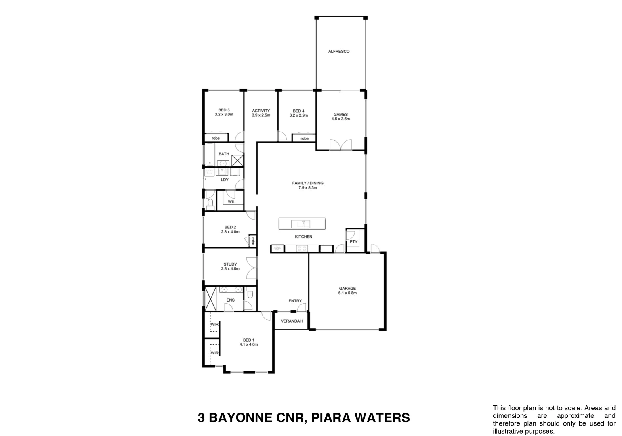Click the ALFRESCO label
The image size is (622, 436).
[x=338, y=52]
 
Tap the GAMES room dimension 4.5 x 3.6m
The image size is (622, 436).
[x=340, y=119]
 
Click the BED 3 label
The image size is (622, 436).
[x=224, y=110]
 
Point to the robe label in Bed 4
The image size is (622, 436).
[x=304, y=138]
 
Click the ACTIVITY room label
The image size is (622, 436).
[x=261, y=111]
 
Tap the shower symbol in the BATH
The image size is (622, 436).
[x=237, y=160]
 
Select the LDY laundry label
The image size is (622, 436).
[x=225, y=180]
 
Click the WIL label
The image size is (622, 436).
[x=231, y=201]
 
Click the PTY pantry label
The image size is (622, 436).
[x=353, y=242]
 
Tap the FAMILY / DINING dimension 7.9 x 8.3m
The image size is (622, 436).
[x=308, y=188]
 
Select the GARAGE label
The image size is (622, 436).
[x=347, y=288]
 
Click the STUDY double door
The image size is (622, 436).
[x=252, y=268]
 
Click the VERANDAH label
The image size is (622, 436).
[x=291, y=321]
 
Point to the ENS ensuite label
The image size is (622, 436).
[x=230, y=300]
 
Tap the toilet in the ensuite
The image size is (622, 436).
[x=250, y=292]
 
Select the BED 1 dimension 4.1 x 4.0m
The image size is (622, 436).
[x=248, y=344]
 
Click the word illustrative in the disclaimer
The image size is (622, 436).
[x=509, y=431]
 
